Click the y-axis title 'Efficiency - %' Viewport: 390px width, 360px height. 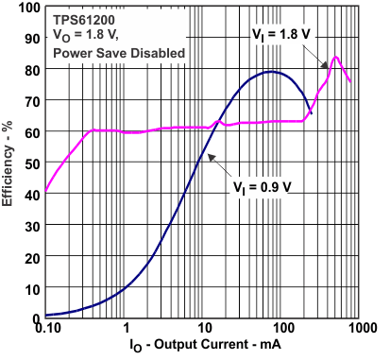[11, 163]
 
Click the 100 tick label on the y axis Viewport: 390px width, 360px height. [28, 9]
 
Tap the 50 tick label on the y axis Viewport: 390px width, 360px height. [32, 163]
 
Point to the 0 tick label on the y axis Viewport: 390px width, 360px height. [36, 317]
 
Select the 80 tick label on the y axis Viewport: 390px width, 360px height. [32, 70]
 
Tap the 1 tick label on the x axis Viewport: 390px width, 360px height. [127, 331]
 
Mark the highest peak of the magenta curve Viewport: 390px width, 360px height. [334, 57]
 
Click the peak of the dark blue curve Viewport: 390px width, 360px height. [272, 72]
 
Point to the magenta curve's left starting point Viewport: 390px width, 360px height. [45, 192]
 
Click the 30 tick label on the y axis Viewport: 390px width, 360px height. [32, 225]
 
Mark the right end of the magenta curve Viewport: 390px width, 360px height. [350, 82]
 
